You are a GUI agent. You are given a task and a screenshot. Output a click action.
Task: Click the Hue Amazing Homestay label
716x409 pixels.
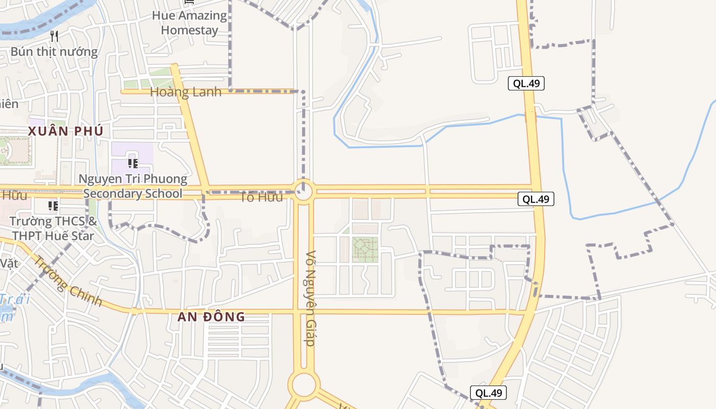click(x=189, y=22)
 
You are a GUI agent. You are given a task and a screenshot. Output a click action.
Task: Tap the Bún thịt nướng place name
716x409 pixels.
click(x=54, y=52)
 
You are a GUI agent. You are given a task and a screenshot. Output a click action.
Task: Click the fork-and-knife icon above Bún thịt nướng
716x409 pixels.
click(x=55, y=36)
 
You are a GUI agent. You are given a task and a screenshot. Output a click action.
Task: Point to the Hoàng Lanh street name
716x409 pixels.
click(x=186, y=92)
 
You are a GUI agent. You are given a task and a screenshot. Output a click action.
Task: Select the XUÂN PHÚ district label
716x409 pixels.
click(x=65, y=131)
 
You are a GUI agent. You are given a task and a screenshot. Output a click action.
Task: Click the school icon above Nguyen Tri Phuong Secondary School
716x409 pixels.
click(x=132, y=164)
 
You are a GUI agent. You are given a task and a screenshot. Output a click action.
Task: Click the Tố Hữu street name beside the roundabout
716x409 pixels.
click(x=261, y=197)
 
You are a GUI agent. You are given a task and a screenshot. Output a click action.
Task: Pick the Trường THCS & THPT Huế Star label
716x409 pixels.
click(x=53, y=229)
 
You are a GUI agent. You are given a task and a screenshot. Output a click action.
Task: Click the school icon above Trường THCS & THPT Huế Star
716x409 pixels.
click(x=53, y=206)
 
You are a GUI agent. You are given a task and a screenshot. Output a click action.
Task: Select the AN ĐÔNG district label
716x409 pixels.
click(x=211, y=317)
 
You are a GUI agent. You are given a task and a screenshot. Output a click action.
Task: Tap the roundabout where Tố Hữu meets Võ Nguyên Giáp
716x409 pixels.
click(x=304, y=192)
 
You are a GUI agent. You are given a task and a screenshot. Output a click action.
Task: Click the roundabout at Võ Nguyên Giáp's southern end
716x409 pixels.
click(x=304, y=385)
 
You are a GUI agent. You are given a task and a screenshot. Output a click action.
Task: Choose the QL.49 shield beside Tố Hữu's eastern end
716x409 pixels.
click(x=536, y=199)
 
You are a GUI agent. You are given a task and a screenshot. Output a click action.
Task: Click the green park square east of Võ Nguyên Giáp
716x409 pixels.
click(x=365, y=249)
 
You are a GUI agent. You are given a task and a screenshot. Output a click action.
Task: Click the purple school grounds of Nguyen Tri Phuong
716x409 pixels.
click(x=132, y=153)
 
